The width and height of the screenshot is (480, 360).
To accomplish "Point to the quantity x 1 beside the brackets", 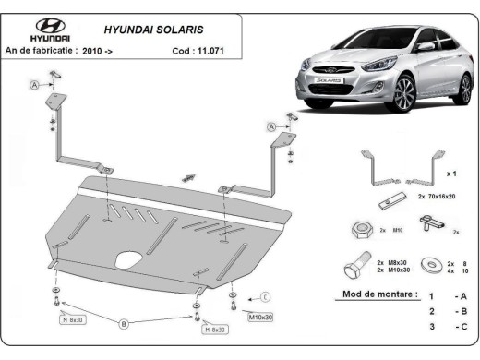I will (x=450, y=173).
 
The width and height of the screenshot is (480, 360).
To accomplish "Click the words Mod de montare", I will (x=367, y=296).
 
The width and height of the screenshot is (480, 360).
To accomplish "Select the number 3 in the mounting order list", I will (x=431, y=326).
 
